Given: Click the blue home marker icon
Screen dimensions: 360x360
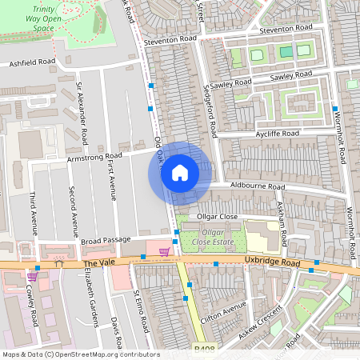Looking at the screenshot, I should tap(180, 173).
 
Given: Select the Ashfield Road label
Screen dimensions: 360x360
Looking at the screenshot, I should tap(33, 62).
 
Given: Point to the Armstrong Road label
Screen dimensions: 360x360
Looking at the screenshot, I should tap(96, 155).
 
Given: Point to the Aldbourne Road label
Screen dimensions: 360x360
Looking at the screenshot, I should tap(258, 186).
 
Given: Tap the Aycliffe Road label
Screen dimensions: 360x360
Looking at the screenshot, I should tap(276, 133).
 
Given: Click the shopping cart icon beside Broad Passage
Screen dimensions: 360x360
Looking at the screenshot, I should tap(164, 252).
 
